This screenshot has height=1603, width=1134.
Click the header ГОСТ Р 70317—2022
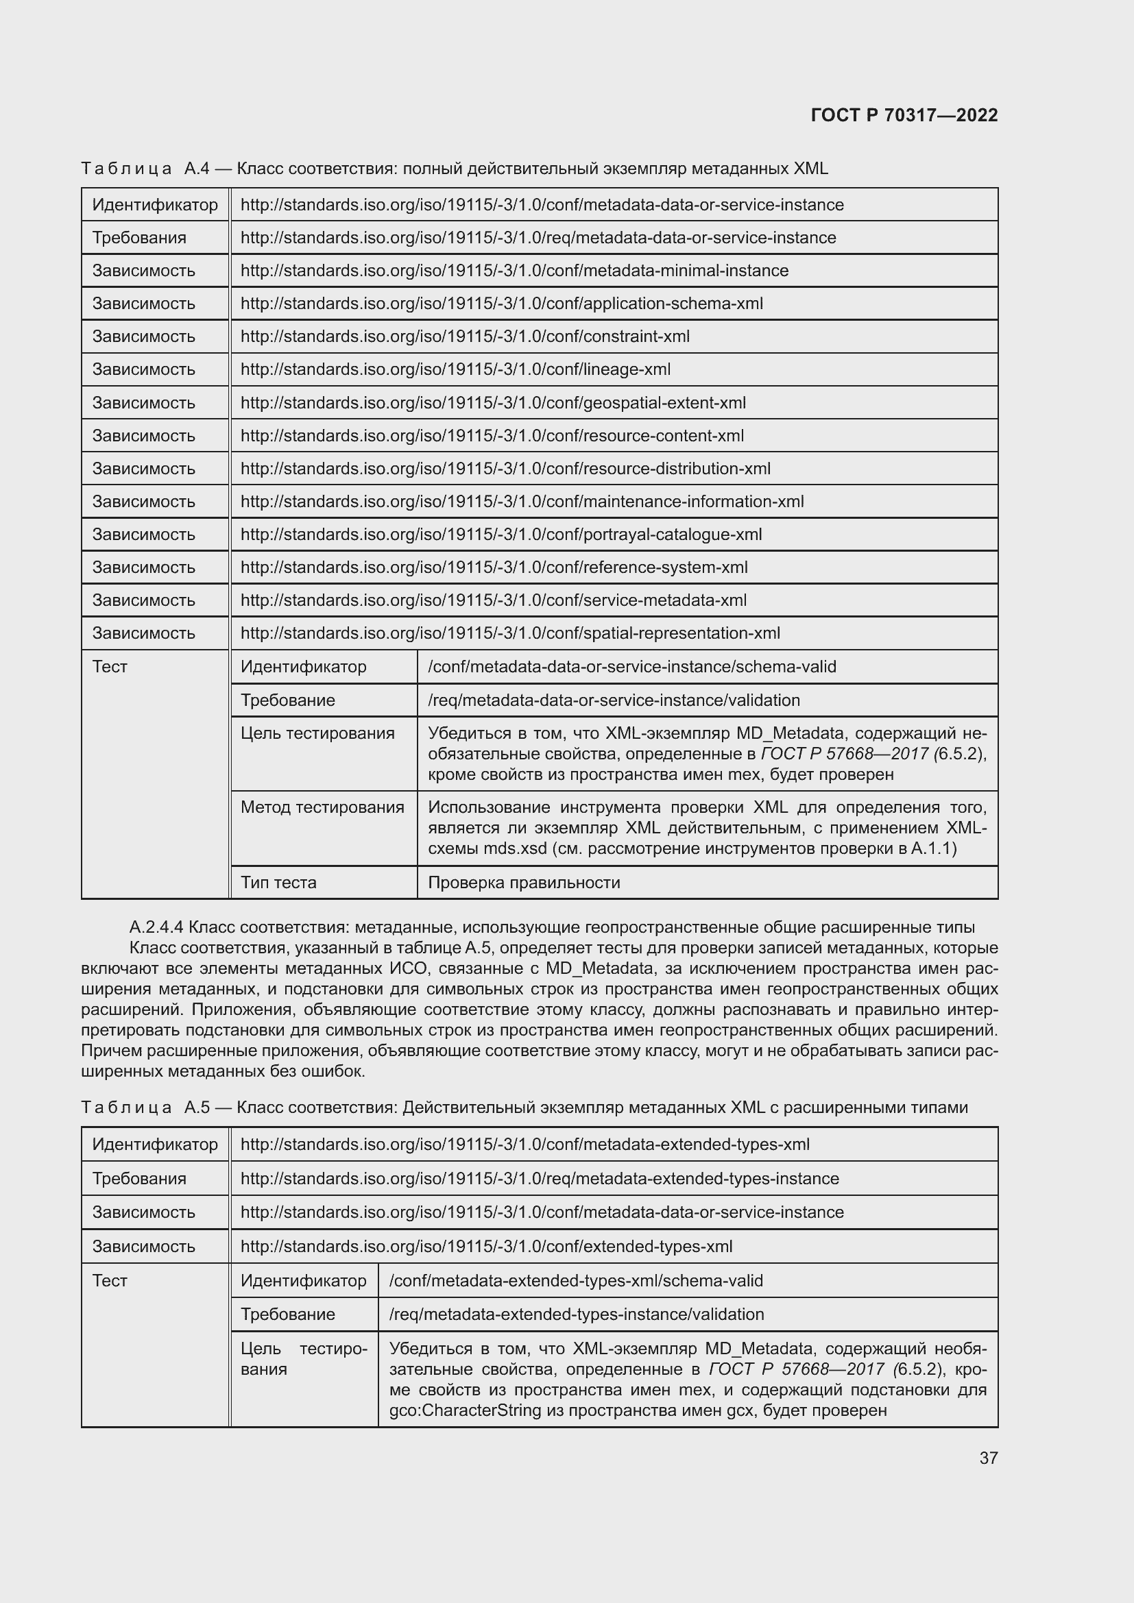coord(904,115)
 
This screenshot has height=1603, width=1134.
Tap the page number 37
coord(988,1458)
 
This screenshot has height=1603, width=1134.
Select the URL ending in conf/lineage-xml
coord(455,369)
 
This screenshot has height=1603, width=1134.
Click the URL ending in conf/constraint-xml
coord(465,336)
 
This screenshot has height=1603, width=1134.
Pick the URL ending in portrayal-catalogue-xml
coord(500,534)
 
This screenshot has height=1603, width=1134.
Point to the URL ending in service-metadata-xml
coord(493,600)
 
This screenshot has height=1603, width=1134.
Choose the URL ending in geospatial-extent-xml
coord(493,403)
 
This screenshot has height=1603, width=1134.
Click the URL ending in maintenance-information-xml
coord(522,501)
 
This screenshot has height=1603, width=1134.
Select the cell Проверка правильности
coord(524,883)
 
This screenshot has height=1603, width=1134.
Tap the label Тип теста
coord(278,883)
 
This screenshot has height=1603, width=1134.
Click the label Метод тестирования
coord(322,808)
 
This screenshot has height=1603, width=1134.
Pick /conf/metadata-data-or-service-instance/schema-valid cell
coord(631,667)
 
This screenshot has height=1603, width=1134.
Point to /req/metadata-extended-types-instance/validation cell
coord(576,1314)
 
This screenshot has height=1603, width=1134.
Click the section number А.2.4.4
coord(156,927)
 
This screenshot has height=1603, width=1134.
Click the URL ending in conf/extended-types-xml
coord(486,1246)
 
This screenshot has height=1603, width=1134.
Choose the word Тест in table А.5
coord(110,1280)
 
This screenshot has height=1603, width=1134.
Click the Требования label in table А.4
coord(139,238)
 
